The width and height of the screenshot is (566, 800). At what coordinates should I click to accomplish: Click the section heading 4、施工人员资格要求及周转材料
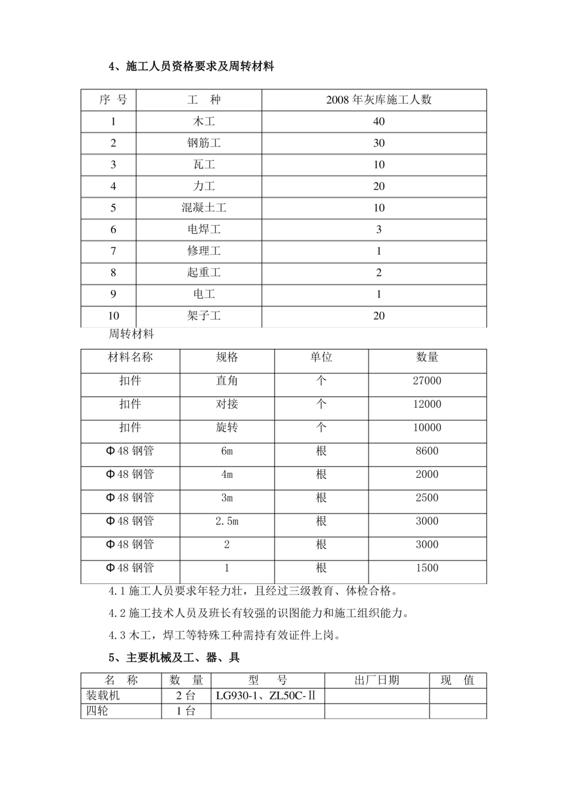(191, 67)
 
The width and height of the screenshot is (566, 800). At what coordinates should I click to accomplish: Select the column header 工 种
(204, 100)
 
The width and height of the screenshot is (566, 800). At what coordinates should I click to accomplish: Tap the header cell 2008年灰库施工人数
(379, 100)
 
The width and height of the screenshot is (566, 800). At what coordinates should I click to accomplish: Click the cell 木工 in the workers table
(204, 121)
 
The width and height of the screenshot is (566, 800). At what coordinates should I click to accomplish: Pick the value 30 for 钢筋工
(379, 143)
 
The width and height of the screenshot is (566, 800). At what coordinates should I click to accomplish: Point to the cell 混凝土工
(204, 208)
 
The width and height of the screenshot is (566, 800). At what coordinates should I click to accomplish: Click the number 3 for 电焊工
(379, 229)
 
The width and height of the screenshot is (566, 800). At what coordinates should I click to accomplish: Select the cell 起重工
(204, 273)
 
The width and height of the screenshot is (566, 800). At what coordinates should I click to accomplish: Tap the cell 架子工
(204, 316)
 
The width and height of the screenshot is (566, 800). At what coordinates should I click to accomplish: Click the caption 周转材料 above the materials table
(131, 334)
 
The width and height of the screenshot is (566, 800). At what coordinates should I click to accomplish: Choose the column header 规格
(227, 357)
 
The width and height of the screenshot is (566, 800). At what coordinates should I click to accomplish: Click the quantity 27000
(427, 381)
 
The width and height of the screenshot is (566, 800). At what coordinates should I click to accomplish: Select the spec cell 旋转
(227, 427)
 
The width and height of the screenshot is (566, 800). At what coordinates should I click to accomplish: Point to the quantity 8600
(427, 451)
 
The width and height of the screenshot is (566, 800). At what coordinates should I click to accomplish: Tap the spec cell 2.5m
(227, 521)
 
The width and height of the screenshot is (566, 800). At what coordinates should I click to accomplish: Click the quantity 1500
(427, 568)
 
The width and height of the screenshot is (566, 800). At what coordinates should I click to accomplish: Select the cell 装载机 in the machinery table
(103, 695)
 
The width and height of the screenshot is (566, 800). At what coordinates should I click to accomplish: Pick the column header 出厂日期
(377, 680)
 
